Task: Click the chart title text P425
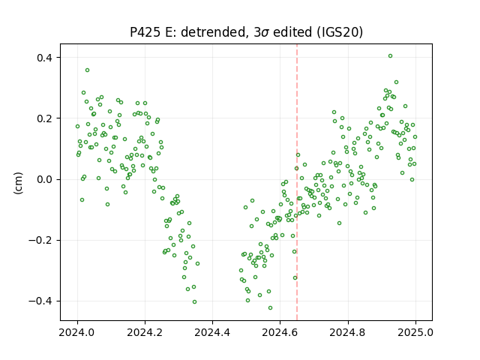145,32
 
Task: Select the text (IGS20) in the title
340,32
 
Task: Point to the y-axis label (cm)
18,183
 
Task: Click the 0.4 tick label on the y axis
45,58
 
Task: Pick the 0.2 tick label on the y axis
45,118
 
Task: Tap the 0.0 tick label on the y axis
45,179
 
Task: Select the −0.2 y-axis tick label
41,240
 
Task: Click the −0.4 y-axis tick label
41,301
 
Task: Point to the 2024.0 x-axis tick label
77,332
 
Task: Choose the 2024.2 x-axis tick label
145,332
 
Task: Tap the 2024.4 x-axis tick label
212,332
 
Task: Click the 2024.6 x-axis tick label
280,332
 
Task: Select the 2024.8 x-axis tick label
348,332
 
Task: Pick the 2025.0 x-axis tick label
415,332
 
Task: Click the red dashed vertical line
297,182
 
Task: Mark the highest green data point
390,56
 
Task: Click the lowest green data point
270,308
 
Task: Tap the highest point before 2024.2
87,70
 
